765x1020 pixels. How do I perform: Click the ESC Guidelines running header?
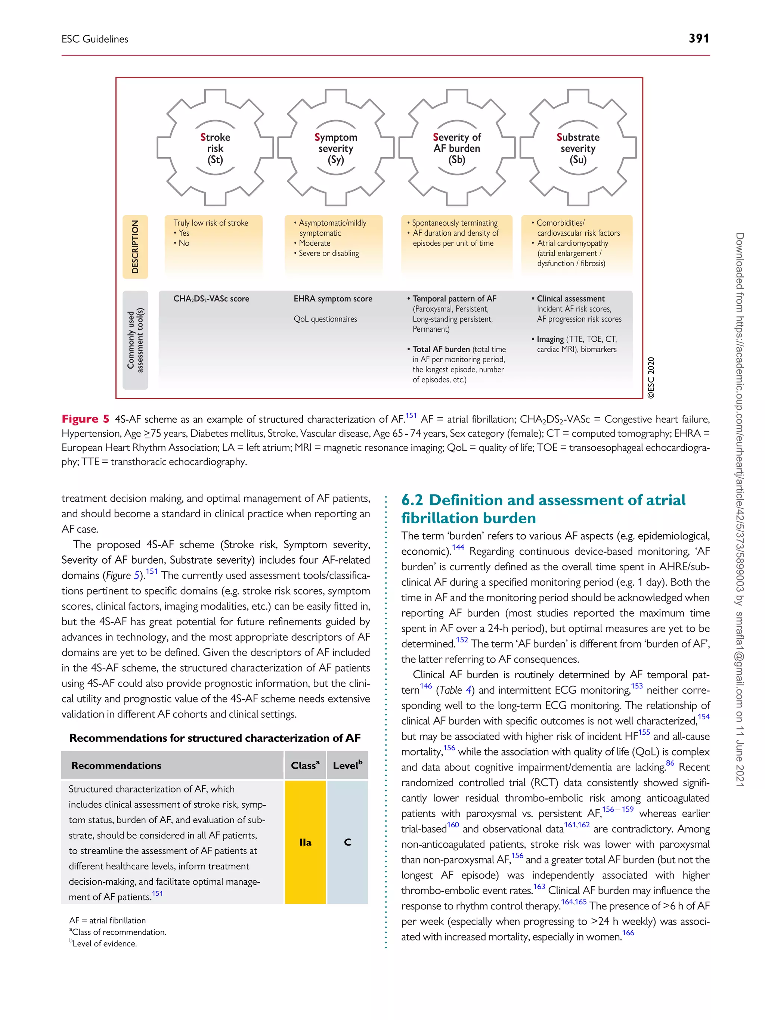coord(95,39)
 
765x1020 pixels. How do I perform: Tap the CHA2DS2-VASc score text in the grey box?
coord(211,299)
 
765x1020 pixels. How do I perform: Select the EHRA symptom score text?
coord(333,299)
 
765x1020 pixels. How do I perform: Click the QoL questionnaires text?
coord(325,319)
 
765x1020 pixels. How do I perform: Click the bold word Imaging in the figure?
coord(550,340)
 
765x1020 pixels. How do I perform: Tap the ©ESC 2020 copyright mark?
coord(651,378)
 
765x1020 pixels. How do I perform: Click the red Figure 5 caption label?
coord(85,419)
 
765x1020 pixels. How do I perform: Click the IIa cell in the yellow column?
coord(305,842)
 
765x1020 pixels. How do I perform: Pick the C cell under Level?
coord(348,842)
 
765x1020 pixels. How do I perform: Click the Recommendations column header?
coord(116,765)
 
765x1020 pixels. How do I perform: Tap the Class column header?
coord(305,765)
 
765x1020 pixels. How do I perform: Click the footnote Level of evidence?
coord(105,943)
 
